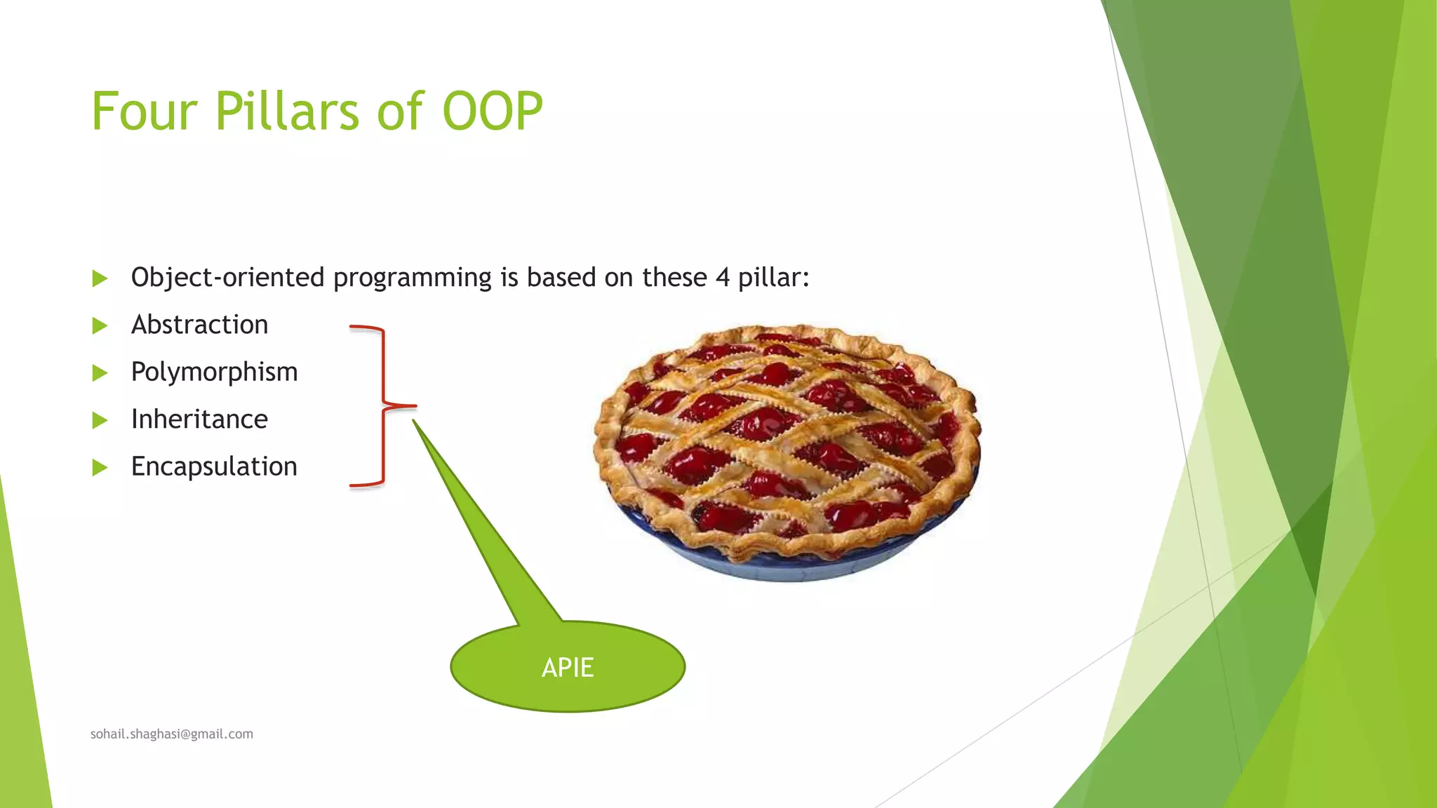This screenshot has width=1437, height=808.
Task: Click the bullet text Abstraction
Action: tap(199, 325)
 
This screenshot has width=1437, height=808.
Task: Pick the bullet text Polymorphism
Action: tap(214, 372)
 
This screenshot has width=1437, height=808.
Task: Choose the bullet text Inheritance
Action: tap(199, 419)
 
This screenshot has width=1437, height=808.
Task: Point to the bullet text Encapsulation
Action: tap(214, 466)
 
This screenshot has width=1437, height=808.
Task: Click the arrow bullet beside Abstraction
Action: tap(100, 325)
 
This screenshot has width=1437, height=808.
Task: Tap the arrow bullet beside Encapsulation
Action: tap(100, 468)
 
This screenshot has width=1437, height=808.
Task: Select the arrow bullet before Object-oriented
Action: tap(100, 278)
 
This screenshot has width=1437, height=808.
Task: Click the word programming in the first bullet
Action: tap(412, 278)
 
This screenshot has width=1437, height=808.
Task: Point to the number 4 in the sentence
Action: tap(722, 278)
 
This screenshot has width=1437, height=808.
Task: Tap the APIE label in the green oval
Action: tap(568, 667)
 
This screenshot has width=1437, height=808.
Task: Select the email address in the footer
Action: tap(172, 734)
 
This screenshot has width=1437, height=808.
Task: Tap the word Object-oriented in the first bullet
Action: tap(227, 278)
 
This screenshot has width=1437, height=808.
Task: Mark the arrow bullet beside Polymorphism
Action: tap(100, 373)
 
